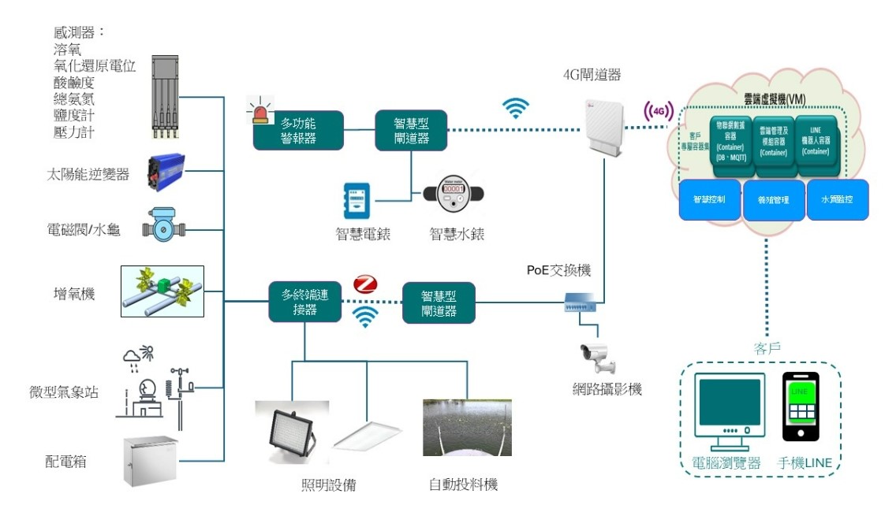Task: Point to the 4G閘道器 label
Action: point(592,76)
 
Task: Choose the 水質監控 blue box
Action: point(837,200)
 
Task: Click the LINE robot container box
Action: point(814,140)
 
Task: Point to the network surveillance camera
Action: point(599,358)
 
